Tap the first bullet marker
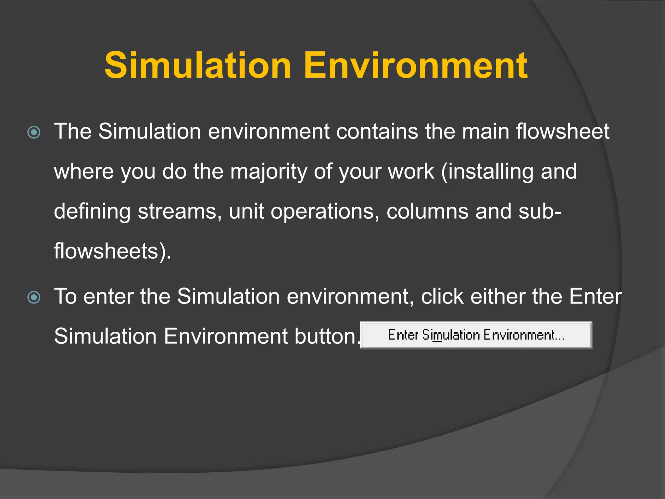pyautogui.click(x=34, y=132)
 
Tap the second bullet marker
pyautogui.click(x=34, y=297)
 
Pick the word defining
pyautogui.click(x=92, y=211)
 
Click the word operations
pyautogui.click(x=325, y=211)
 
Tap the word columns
pyautogui.click(x=427, y=211)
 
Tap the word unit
pyautogui.click(x=246, y=211)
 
